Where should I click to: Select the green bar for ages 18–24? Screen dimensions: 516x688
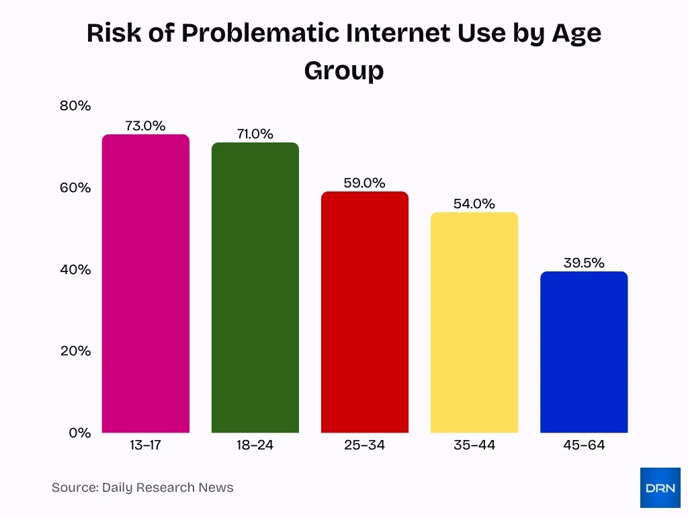point(255,288)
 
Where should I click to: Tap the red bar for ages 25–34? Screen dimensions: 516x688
point(364,312)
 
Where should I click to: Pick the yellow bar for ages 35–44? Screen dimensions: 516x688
point(474,322)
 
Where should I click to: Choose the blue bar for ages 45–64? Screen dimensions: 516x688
point(583,352)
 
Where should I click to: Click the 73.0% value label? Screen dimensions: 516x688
point(145,126)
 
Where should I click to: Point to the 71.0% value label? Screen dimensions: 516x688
point(255,134)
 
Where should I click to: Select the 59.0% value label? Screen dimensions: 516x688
point(364,183)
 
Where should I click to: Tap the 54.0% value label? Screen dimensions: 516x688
point(474,204)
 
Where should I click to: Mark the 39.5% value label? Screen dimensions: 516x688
point(583,263)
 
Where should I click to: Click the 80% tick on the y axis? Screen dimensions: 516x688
point(75,105)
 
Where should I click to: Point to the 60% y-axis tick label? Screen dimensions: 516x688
point(75,187)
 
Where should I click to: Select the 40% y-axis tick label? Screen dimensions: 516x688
point(75,269)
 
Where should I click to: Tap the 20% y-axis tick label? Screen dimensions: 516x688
point(75,351)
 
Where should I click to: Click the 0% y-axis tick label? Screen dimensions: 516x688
point(80,433)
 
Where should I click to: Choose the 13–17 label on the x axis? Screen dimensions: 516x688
point(145,445)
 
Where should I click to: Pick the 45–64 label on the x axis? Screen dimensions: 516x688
point(583,445)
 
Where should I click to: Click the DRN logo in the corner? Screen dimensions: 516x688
point(660,487)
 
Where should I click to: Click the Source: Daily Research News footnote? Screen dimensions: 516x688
point(142,487)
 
